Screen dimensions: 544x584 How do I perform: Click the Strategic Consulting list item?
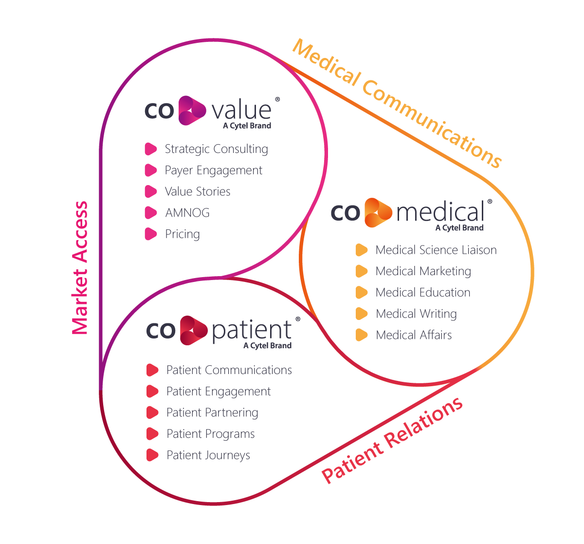point(216,149)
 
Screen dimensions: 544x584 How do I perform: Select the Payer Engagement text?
point(213,170)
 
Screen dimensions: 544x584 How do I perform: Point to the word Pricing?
point(182,234)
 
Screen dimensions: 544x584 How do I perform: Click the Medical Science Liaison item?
point(436,250)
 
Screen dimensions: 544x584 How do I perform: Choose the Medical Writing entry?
point(416,314)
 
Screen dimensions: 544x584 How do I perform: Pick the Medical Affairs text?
point(414,335)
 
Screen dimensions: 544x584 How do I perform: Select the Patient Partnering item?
point(212,413)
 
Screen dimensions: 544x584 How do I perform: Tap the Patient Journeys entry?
point(208,455)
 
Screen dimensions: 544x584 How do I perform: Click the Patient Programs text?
point(211,434)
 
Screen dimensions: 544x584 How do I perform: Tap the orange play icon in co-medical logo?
point(378,213)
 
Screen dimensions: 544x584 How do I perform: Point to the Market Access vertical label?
point(80,268)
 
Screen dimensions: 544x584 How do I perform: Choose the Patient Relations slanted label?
point(392,440)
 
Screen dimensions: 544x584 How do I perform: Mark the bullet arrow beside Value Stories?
point(151,191)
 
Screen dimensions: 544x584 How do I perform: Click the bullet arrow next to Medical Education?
point(362,293)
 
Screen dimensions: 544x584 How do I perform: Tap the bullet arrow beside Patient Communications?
point(152,370)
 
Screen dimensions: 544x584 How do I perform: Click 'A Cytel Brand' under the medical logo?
point(459,228)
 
